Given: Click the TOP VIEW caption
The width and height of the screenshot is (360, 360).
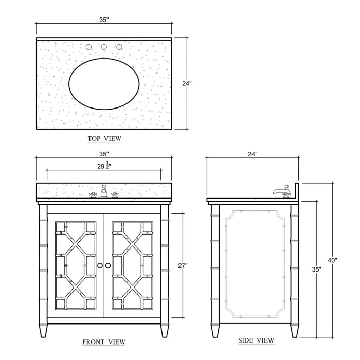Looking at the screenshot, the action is pyautogui.click(x=104, y=139).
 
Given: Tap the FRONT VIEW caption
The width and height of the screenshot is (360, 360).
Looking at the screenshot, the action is pyautogui.click(x=104, y=342).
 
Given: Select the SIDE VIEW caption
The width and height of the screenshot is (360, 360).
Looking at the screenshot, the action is pyautogui.click(x=256, y=340).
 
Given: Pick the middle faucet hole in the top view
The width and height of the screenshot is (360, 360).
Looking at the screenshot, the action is pyautogui.click(x=104, y=47).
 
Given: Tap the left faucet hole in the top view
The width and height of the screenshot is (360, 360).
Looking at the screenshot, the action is pyautogui.click(x=88, y=47).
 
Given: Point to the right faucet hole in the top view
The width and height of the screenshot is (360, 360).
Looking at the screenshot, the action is pyautogui.click(x=119, y=47).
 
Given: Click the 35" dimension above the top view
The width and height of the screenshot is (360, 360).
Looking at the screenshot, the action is pyautogui.click(x=104, y=20).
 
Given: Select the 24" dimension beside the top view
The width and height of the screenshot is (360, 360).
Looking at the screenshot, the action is pyautogui.click(x=187, y=83).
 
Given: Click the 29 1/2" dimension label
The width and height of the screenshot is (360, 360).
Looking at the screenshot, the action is pyautogui.click(x=104, y=166).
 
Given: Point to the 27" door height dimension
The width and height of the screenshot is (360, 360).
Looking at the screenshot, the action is pyautogui.click(x=183, y=266).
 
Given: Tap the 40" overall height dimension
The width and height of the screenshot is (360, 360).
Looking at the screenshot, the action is pyautogui.click(x=332, y=260).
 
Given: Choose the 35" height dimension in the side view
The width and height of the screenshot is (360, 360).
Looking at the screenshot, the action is pyautogui.click(x=317, y=269).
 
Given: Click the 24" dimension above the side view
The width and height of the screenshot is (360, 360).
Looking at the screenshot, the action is pyautogui.click(x=253, y=154).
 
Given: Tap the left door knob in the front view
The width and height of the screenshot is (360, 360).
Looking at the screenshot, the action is pyautogui.click(x=100, y=266).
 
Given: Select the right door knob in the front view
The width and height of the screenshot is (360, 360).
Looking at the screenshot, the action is pyautogui.click(x=108, y=266).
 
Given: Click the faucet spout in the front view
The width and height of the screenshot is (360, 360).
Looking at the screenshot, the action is pyautogui.click(x=104, y=191).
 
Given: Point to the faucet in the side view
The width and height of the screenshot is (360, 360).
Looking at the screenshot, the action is pyautogui.click(x=282, y=191).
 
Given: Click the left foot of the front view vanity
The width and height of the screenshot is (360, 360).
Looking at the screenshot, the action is pyautogui.click(x=43, y=330).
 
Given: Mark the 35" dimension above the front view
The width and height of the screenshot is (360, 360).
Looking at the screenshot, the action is pyautogui.click(x=104, y=154).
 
